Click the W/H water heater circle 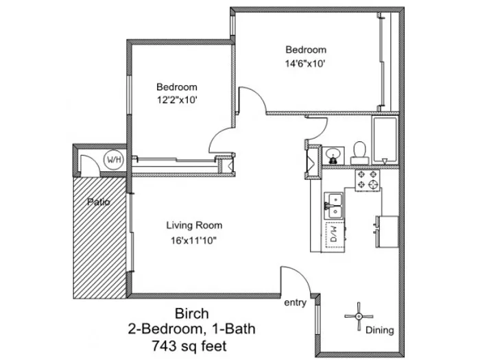pyautogui.click(x=115, y=160)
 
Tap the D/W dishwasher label pyautogui.click(x=334, y=235)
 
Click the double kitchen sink pyautogui.click(x=334, y=206)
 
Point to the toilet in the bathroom pyautogui.click(x=359, y=153)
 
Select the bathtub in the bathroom pyautogui.click(x=385, y=140)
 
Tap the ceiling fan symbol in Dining pyautogui.click(x=359, y=317)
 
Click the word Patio pyautogui.click(x=98, y=202)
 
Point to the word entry pyautogui.click(x=295, y=302)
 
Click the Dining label pyautogui.click(x=380, y=330)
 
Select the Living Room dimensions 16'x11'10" pyautogui.click(x=193, y=241)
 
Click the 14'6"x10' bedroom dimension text pyautogui.click(x=305, y=64)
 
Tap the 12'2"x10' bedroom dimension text pyautogui.click(x=177, y=100)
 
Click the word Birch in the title pyautogui.click(x=192, y=313)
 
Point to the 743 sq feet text pyautogui.click(x=189, y=346)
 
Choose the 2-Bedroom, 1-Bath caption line pyautogui.click(x=191, y=329)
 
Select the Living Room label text pyautogui.click(x=194, y=226)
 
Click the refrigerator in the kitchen pyautogui.click(x=387, y=232)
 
